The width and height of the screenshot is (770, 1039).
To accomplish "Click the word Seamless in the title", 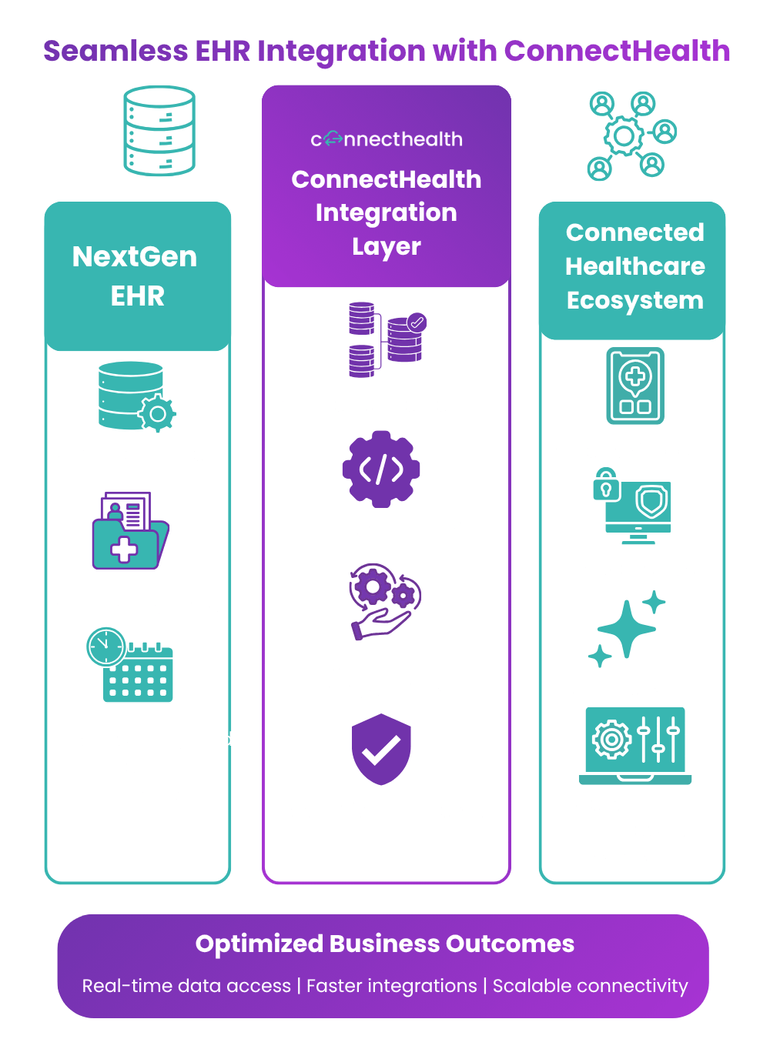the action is [x=115, y=51].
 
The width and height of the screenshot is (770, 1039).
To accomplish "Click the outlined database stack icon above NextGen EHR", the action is [x=159, y=130].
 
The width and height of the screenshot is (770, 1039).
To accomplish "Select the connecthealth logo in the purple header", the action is [x=386, y=139].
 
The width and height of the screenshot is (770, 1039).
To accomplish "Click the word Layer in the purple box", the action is [x=386, y=246].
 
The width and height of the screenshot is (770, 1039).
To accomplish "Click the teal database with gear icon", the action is [x=137, y=396].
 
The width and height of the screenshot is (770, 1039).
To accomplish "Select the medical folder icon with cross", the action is [x=131, y=530].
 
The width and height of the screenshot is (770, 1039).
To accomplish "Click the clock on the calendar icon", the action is [x=106, y=646].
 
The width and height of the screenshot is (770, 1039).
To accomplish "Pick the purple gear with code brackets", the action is [x=380, y=469].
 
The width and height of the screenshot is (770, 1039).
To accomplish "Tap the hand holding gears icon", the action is [x=385, y=602].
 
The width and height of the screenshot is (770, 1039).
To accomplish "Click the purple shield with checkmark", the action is [x=380, y=749].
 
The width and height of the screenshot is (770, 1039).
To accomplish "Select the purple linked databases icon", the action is [x=387, y=339].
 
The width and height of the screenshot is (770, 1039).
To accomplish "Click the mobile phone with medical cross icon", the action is [x=634, y=385].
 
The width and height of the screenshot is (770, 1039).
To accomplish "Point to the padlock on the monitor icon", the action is [x=606, y=485].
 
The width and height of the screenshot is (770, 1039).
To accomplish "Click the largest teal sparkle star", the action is [x=626, y=629].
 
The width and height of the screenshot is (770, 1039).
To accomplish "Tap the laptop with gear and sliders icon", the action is [x=634, y=745].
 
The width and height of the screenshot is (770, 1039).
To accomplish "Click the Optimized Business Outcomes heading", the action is [x=384, y=944].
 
